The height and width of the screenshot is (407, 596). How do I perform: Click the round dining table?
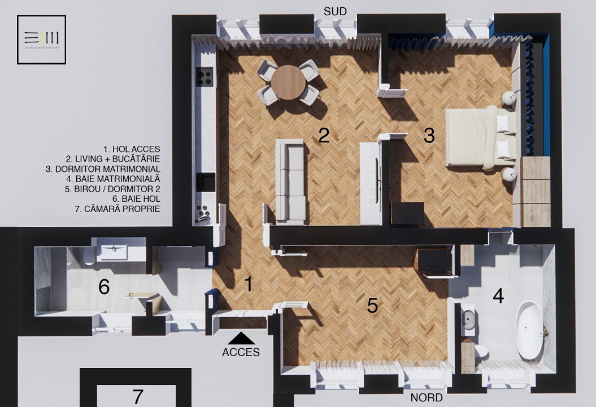[288, 83]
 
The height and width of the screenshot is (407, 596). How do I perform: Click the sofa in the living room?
[290, 181]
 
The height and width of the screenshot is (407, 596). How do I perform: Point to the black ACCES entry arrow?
[241, 338]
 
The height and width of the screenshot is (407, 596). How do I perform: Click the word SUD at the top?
[335, 11]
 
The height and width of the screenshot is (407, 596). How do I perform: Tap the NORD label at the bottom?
[427, 398]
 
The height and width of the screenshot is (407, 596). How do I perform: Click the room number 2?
[324, 135]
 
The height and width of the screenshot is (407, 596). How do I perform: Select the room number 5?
[372, 305]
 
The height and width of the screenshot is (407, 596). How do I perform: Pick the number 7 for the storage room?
[137, 396]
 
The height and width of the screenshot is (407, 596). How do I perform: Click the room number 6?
[104, 287]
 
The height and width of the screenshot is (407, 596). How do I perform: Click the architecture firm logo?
[41, 40]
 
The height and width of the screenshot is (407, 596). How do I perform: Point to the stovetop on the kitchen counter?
[205, 76]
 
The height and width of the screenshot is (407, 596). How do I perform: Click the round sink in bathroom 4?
[468, 320]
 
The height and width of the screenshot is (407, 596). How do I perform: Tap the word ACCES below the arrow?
[241, 352]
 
